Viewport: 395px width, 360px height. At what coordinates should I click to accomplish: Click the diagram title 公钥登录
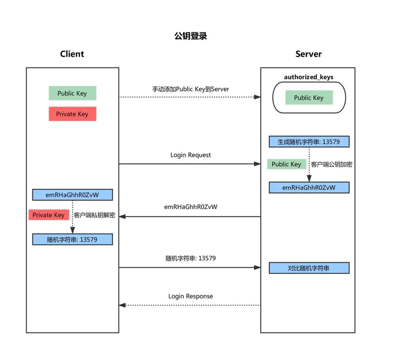[x=190, y=36]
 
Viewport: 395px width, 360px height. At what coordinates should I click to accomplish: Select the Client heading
[x=72, y=54]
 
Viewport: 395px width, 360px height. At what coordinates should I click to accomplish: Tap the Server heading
[x=308, y=54]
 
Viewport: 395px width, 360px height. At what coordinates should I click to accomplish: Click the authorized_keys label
[x=308, y=77]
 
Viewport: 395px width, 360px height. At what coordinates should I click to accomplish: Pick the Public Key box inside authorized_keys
[x=308, y=98]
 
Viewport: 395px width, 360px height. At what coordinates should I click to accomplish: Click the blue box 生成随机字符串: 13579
[x=309, y=142]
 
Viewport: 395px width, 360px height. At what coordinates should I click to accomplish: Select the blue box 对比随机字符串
[x=309, y=268]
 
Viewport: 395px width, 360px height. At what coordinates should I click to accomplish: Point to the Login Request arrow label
[x=190, y=155]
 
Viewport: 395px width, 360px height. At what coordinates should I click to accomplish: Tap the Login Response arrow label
[x=190, y=296]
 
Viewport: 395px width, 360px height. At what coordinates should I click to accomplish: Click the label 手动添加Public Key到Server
[x=190, y=89]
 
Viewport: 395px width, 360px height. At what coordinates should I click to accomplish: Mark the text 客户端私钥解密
[x=94, y=215]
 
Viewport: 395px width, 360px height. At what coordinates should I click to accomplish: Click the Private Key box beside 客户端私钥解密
[x=48, y=215]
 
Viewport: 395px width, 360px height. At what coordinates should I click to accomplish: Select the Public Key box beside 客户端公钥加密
[x=286, y=164]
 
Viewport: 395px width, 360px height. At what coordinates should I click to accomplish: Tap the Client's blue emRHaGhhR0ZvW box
[x=72, y=195]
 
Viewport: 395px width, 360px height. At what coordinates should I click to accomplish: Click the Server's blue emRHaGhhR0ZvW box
[x=309, y=188]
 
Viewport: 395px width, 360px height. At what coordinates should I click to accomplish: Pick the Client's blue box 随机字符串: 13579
[x=72, y=239]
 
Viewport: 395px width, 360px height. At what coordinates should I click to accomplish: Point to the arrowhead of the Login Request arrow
[x=257, y=164]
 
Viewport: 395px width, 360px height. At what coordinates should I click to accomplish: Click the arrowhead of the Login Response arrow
[x=122, y=305]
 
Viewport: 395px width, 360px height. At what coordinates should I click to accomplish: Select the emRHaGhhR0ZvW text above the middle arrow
[x=190, y=207]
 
